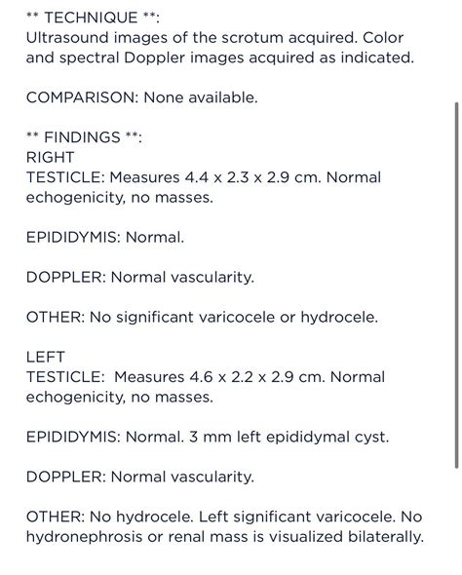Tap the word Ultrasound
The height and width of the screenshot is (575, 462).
(x=70, y=37)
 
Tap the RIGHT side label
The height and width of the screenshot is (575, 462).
(x=50, y=157)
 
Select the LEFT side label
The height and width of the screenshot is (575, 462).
(x=45, y=357)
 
